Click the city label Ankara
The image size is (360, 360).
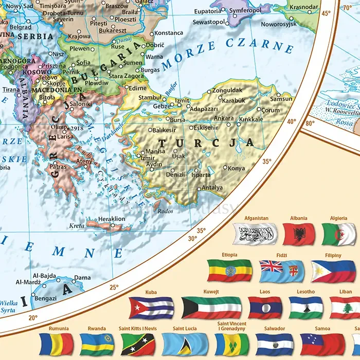point(224,118)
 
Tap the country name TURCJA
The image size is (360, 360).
point(206,142)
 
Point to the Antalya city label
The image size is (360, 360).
point(212,187)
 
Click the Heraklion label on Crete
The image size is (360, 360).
point(111,219)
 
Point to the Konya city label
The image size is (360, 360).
point(237,168)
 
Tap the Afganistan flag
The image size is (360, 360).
point(256,235)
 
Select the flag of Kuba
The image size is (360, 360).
point(151,308)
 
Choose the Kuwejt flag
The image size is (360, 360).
point(211,308)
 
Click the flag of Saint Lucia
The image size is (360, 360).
point(185,344)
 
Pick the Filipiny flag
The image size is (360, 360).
point(333,271)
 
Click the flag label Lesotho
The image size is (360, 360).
point(305,292)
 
